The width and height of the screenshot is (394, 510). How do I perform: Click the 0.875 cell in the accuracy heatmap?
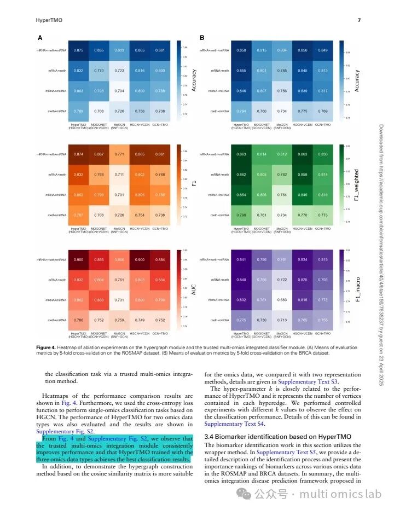pos(78,50)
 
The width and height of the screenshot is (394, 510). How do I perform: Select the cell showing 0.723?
pos(119,71)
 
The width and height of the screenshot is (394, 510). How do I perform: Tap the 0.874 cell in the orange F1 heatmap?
pos(78,154)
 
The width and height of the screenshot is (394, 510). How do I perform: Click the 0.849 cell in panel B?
pos(323,50)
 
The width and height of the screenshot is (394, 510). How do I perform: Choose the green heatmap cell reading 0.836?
pos(323,154)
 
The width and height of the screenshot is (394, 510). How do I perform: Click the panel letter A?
pos(40,38)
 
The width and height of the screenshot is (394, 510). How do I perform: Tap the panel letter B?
pos(202,38)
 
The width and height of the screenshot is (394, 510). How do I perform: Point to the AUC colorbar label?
pos(194,289)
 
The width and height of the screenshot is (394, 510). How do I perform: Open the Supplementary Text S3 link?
pos(308,381)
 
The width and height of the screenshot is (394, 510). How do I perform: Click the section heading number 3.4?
pos(210,437)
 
